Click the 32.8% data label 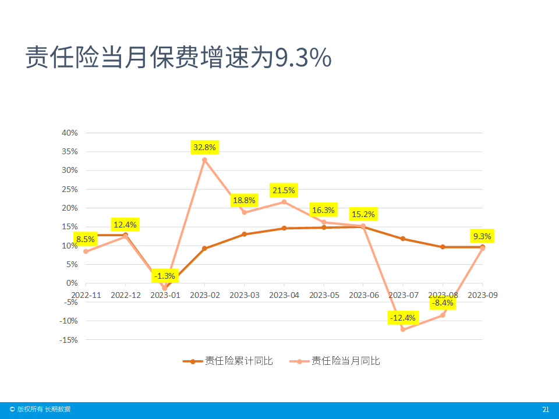pos(204,147)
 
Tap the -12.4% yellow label pos(403,318)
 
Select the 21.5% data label pos(284,190)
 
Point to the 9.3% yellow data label pos(482,236)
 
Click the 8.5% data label pos(85,239)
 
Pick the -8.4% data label pos(443,303)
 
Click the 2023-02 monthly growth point pos(204,160)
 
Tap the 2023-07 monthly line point pos(403,329)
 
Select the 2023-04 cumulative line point pos(284,228)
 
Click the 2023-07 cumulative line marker pos(403,239)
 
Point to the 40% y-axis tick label pos(70,133)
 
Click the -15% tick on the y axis pos(69,340)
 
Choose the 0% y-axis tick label pos(72,283)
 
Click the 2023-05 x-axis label pos(324,295)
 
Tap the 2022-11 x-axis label pos(86,295)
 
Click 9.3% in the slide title pos(303,58)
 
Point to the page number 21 pos(546,410)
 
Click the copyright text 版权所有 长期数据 pos(44,410)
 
